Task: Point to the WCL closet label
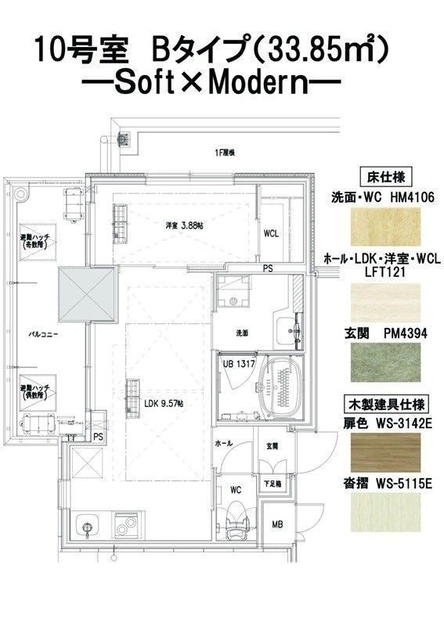point(271,233)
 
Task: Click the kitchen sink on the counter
point(87,523)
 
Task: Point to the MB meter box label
point(277,524)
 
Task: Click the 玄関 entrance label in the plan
point(272,447)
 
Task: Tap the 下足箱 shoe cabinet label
point(272,485)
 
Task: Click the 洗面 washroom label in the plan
point(242,333)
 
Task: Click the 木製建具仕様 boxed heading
point(385,405)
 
